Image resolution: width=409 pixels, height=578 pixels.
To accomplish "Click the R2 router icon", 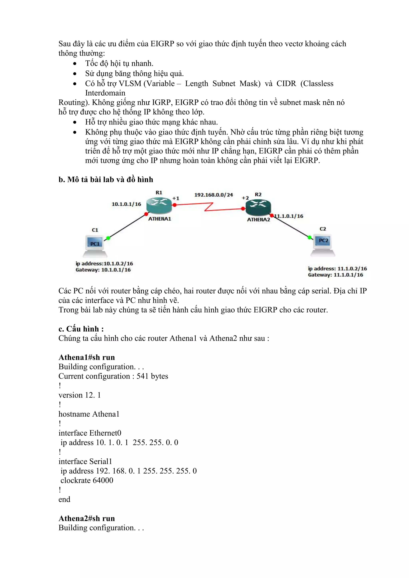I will tap(258, 207).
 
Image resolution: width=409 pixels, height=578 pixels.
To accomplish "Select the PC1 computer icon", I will tap(95, 246).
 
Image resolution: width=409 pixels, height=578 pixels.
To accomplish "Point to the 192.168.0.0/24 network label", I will tap(213, 195).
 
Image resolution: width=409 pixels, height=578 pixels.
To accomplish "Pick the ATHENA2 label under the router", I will tap(258, 220).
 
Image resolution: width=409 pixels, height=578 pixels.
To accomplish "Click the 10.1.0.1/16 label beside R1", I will tap(126, 204).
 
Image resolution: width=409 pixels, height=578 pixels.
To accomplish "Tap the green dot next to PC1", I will tap(108, 238).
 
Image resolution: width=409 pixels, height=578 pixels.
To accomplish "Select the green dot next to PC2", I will tap(310, 237).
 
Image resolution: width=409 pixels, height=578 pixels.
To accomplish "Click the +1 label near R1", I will tap(176, 198).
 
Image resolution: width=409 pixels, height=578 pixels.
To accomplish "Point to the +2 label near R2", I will tap(245, 198).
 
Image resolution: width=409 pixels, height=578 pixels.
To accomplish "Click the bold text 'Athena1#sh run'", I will tap(87, 357).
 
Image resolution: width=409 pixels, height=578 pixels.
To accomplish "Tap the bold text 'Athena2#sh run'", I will tap(87, 518).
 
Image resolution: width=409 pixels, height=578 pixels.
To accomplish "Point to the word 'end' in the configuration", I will tap(64, 499).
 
